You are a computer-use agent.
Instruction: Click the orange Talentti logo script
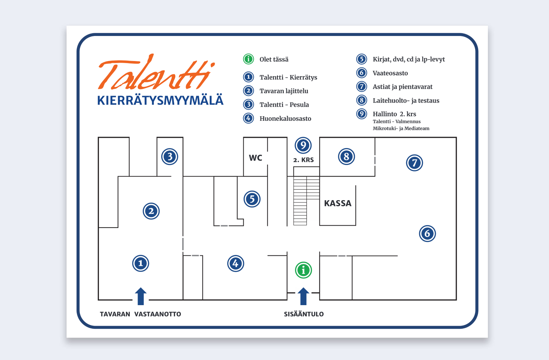pyautogui.click(x=157, y=72)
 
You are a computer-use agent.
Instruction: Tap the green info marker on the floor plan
pyautogui.click(x=303, y=270)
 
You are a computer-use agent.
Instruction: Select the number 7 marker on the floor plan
pyautogui.click(x=414, y=163)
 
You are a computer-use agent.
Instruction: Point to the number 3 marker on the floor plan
pyautogui.click(x=170, y=156)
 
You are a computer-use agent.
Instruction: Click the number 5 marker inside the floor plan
pyautogui.click(x=252, y=199)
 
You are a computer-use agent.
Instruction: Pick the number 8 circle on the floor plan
pyautogui.click(x=346, y=156)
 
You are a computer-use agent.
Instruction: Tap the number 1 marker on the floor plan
pyautogui.click(x=141, y=263)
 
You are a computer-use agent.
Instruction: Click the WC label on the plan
pyautogui.click(x=255, y=158)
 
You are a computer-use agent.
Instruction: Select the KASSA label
pyautogui.click(x=338, y=203)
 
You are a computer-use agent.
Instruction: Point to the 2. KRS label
pyautogui.click(x=303, y=160)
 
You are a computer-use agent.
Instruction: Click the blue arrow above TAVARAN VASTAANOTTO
pyautogui.click(x=141, y=296)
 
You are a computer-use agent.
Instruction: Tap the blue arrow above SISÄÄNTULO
pyautogui.click(x=303, y=296)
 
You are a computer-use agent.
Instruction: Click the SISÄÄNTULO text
pyautogui.click(x=304, y=314)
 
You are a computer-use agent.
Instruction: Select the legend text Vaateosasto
pyautogui.click(x=390, y=73)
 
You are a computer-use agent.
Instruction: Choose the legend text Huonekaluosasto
pyautogui.click(x=285, y=119)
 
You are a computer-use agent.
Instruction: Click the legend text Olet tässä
pyautogui.click(x=274, y=59)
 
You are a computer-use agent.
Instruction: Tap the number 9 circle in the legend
pyautogui.click(x=362, y=113)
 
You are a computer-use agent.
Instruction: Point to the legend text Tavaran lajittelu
pyautogui.click(x=284, y=91)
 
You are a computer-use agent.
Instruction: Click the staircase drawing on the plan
pyautogui.click(x=306, y=196)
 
